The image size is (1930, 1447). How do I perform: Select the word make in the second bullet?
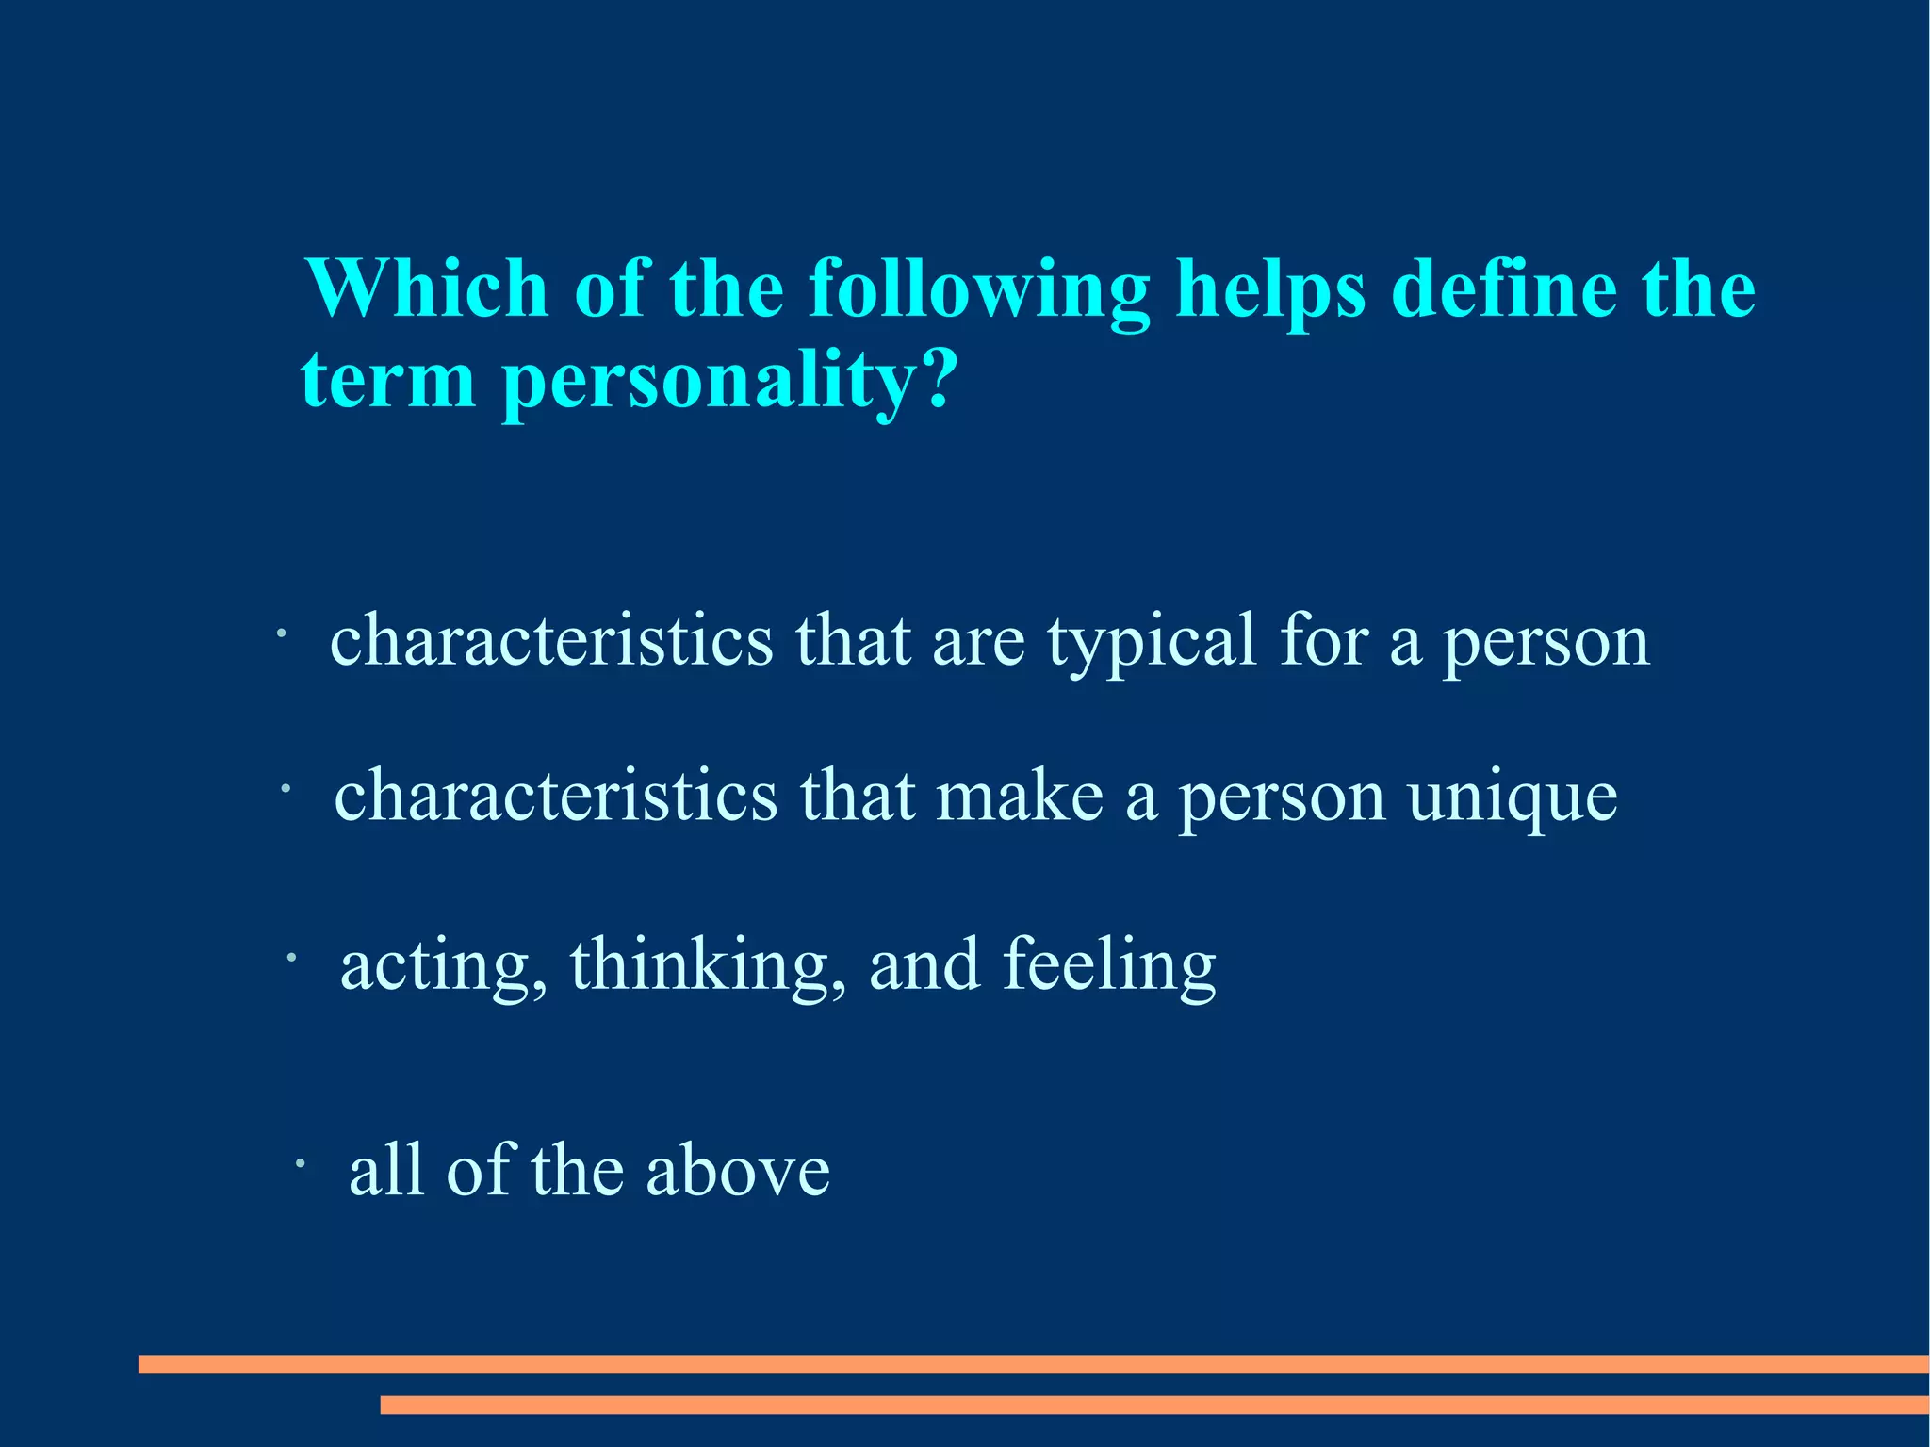pos(1020,797)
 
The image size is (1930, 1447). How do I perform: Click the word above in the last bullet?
pos(738,1171)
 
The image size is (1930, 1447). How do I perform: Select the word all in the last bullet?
pos(386,1171)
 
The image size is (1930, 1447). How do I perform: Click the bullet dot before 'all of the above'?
pos(299,1165)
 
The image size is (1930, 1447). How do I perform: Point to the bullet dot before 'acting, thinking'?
pos(292,959)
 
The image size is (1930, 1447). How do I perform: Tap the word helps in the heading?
pos(1270,290)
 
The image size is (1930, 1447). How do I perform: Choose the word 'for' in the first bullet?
pos(1323,641)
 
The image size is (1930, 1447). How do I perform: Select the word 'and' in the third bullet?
pos(924,965)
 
